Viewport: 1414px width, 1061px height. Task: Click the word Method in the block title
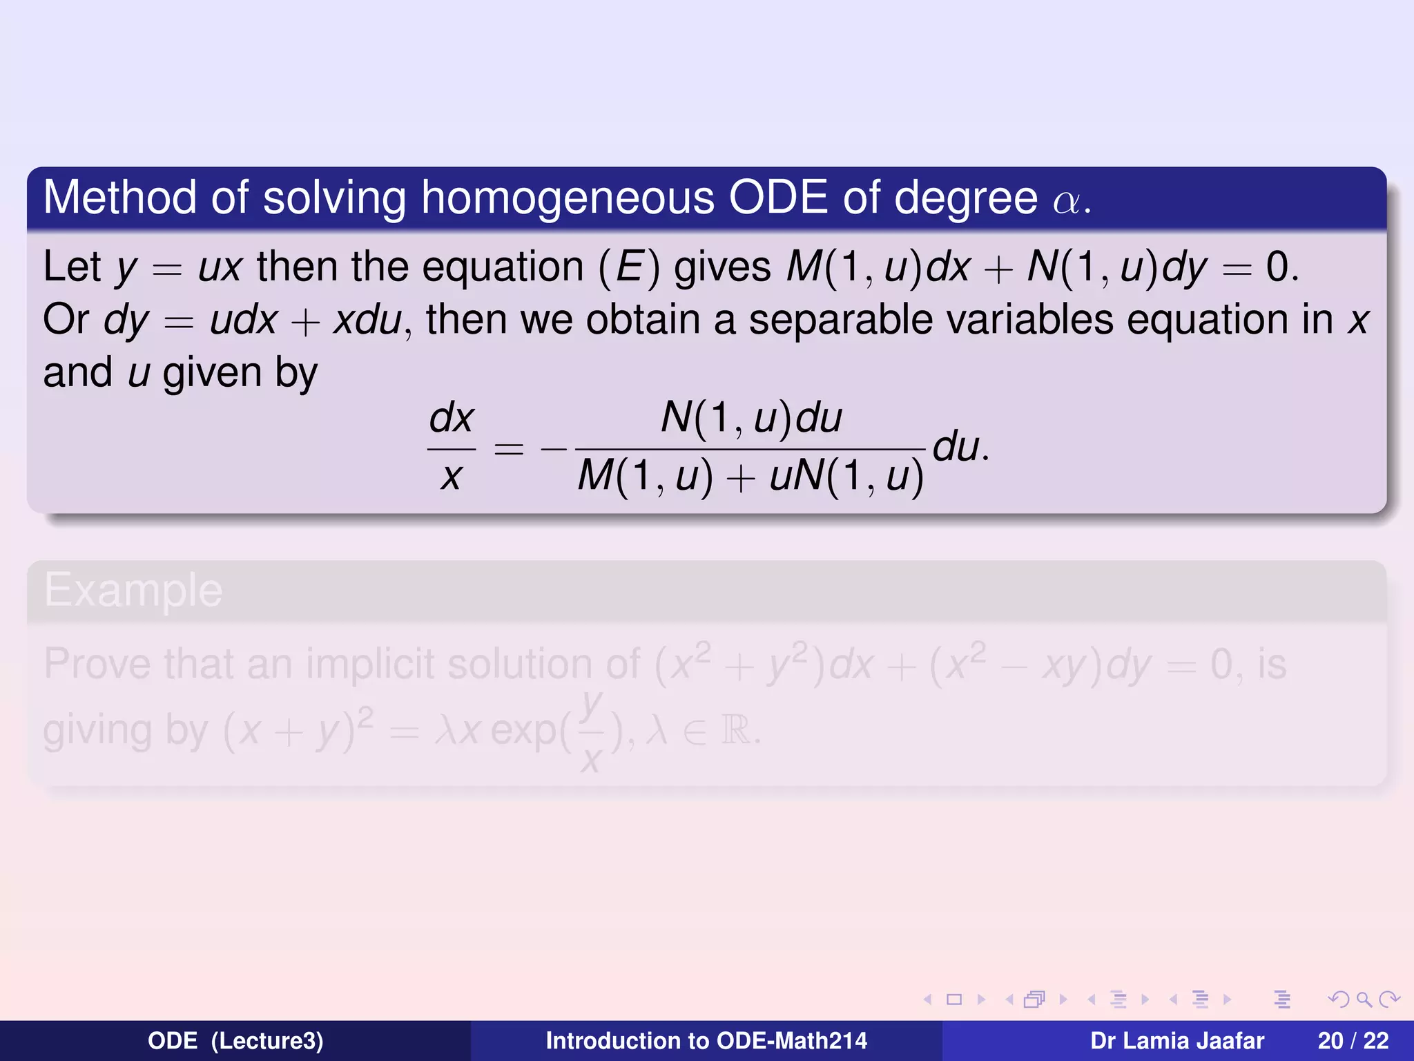[x=119, y=198]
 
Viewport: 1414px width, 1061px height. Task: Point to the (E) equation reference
[x=629, y=267]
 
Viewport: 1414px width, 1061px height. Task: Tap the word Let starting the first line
[x=72, y=267]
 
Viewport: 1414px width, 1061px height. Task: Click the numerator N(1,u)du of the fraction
[x=751, y=418]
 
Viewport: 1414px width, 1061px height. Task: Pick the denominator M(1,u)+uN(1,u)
[x=750, y=477]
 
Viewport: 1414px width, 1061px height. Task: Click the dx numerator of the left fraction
[x=452, y=418]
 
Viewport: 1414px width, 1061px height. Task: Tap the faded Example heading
[x=133, y=591]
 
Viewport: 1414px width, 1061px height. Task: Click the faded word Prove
[x=97, y=664]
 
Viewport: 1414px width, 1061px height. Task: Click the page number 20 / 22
[x=1353, y=1041]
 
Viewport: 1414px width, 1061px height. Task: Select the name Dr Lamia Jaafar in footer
[x=1176, y=1041]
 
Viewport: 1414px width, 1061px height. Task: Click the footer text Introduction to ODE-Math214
[x=706, y=1041]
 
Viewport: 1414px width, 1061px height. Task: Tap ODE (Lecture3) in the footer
[x=235, y=1041]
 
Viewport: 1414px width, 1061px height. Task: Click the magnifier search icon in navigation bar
[x=1364, y=1000]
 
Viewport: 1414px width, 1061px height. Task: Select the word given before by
[x=211, y=374]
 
